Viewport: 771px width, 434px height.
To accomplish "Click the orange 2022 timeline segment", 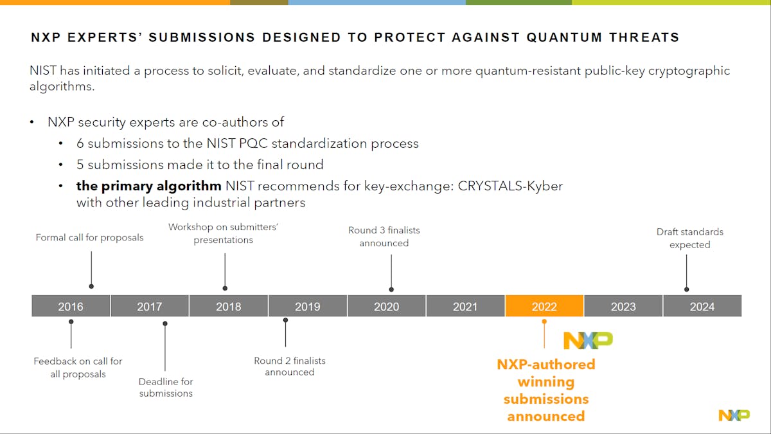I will [x=544, y=306].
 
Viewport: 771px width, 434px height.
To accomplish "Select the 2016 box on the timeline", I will [x=71, y=306].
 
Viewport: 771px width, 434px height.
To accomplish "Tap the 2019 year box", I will [x=307, y=306].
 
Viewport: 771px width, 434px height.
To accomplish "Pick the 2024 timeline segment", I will [x=702, y=306].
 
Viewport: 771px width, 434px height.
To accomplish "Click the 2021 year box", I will [x=465, y=306].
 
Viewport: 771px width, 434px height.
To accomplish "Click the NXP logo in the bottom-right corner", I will [x=734, y=415].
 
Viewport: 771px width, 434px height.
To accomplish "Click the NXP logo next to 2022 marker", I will [x=588, y=340].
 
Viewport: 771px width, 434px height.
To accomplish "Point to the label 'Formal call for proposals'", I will [x=90, y=237].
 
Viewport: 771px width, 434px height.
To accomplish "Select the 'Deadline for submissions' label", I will [x=166, y=387].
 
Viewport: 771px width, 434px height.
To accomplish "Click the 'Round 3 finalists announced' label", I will [x=384, y=236].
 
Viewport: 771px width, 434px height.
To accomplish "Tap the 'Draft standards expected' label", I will [x=689, y=238].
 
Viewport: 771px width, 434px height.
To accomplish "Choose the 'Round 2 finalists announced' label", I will [x=290, y=366].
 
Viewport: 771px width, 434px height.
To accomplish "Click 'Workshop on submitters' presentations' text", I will [x=223, y=233].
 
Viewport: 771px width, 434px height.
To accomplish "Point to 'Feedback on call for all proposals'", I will [x=78, y=367].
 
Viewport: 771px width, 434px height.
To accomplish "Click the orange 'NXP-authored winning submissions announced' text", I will [x=546, y=390].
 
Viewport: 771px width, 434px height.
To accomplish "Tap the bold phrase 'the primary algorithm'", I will [x=148, y=186].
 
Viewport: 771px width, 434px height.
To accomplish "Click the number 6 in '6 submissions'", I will [x=80, y=143].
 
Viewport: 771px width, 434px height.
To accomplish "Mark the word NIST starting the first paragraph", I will [x=44, y=71].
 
